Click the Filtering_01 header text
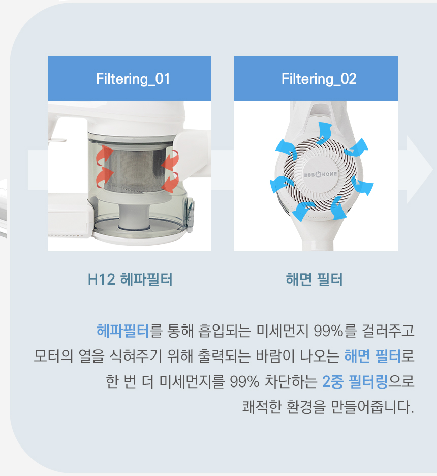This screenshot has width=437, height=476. click(133, 79)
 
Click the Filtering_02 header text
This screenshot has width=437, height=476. click(319, 79)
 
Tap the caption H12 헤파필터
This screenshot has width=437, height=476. click(130, 279)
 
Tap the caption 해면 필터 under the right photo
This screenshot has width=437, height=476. click(314, 279)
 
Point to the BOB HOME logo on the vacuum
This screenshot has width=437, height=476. click(320, 174)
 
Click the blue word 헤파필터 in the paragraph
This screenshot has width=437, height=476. click(123, 331)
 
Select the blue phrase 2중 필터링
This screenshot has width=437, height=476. click(355, 381)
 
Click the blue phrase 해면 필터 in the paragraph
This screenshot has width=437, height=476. click(372, 356)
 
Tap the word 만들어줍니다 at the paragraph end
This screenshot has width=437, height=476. click(372, 407)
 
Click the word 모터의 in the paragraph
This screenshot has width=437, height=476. click(53, 356)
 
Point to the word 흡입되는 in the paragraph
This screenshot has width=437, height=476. click(225, 331)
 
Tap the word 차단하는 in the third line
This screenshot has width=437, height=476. click(291, 381)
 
